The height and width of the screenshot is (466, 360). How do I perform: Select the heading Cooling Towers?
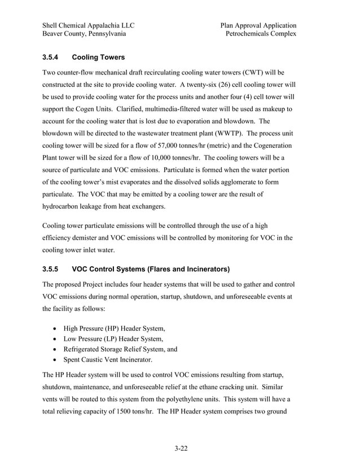(99, 58)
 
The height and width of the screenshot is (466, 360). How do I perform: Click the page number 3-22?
(180, 449)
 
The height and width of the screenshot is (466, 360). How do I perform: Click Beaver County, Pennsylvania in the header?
(84, 34)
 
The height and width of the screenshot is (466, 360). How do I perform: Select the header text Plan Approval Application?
(258, 25)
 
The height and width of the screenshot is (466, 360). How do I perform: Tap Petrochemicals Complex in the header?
(261, 34)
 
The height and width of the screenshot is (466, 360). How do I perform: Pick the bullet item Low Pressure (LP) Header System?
(112, 338)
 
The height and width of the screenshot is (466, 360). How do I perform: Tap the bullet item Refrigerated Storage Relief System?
(120, 349)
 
